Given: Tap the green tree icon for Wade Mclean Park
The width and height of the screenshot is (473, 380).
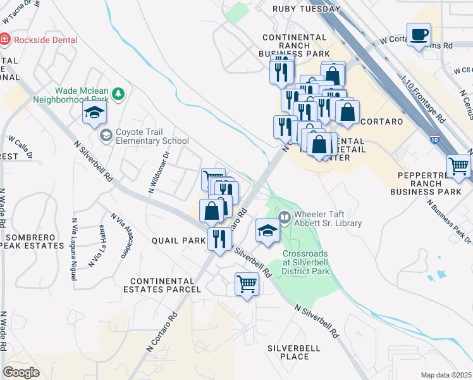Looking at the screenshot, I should [118, 94].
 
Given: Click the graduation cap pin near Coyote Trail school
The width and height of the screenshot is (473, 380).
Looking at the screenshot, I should [94, 113].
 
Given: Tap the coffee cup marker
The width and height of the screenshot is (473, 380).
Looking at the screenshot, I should [418, 34].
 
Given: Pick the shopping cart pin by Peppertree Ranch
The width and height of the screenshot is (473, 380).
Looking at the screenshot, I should [459, 166].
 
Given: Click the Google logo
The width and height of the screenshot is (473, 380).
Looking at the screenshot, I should [21, 372].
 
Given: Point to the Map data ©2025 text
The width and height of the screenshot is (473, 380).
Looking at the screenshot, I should [446, 375].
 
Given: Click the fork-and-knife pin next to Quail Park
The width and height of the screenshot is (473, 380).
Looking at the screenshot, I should [219, 239].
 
